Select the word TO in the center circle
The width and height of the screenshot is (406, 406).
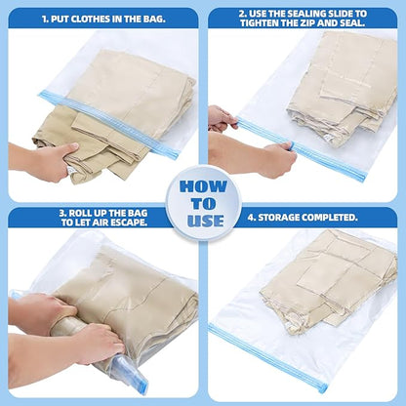pos(203,203)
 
